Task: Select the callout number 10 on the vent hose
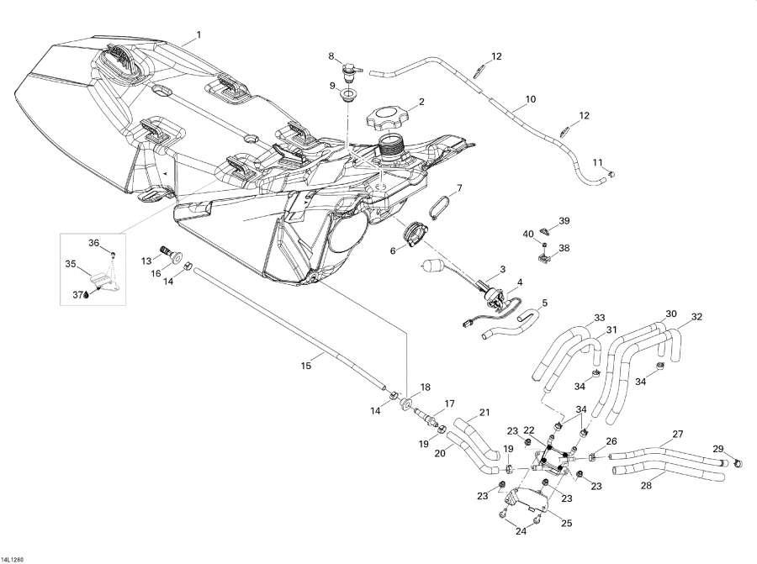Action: [x=530, y=99]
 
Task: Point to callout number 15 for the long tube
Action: [x=306, y=364]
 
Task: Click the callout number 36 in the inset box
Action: [x=94, y=242]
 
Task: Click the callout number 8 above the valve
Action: [x=331, y=56]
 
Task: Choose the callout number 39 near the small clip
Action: [x=564, y=221]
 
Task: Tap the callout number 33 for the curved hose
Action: [x=599, y=318]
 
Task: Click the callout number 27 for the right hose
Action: [x=676, y=435]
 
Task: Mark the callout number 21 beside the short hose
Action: [x=484, y=412]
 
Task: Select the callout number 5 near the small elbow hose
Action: [x=544, y=303]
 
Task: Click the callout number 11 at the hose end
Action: [x=598, y=162]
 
